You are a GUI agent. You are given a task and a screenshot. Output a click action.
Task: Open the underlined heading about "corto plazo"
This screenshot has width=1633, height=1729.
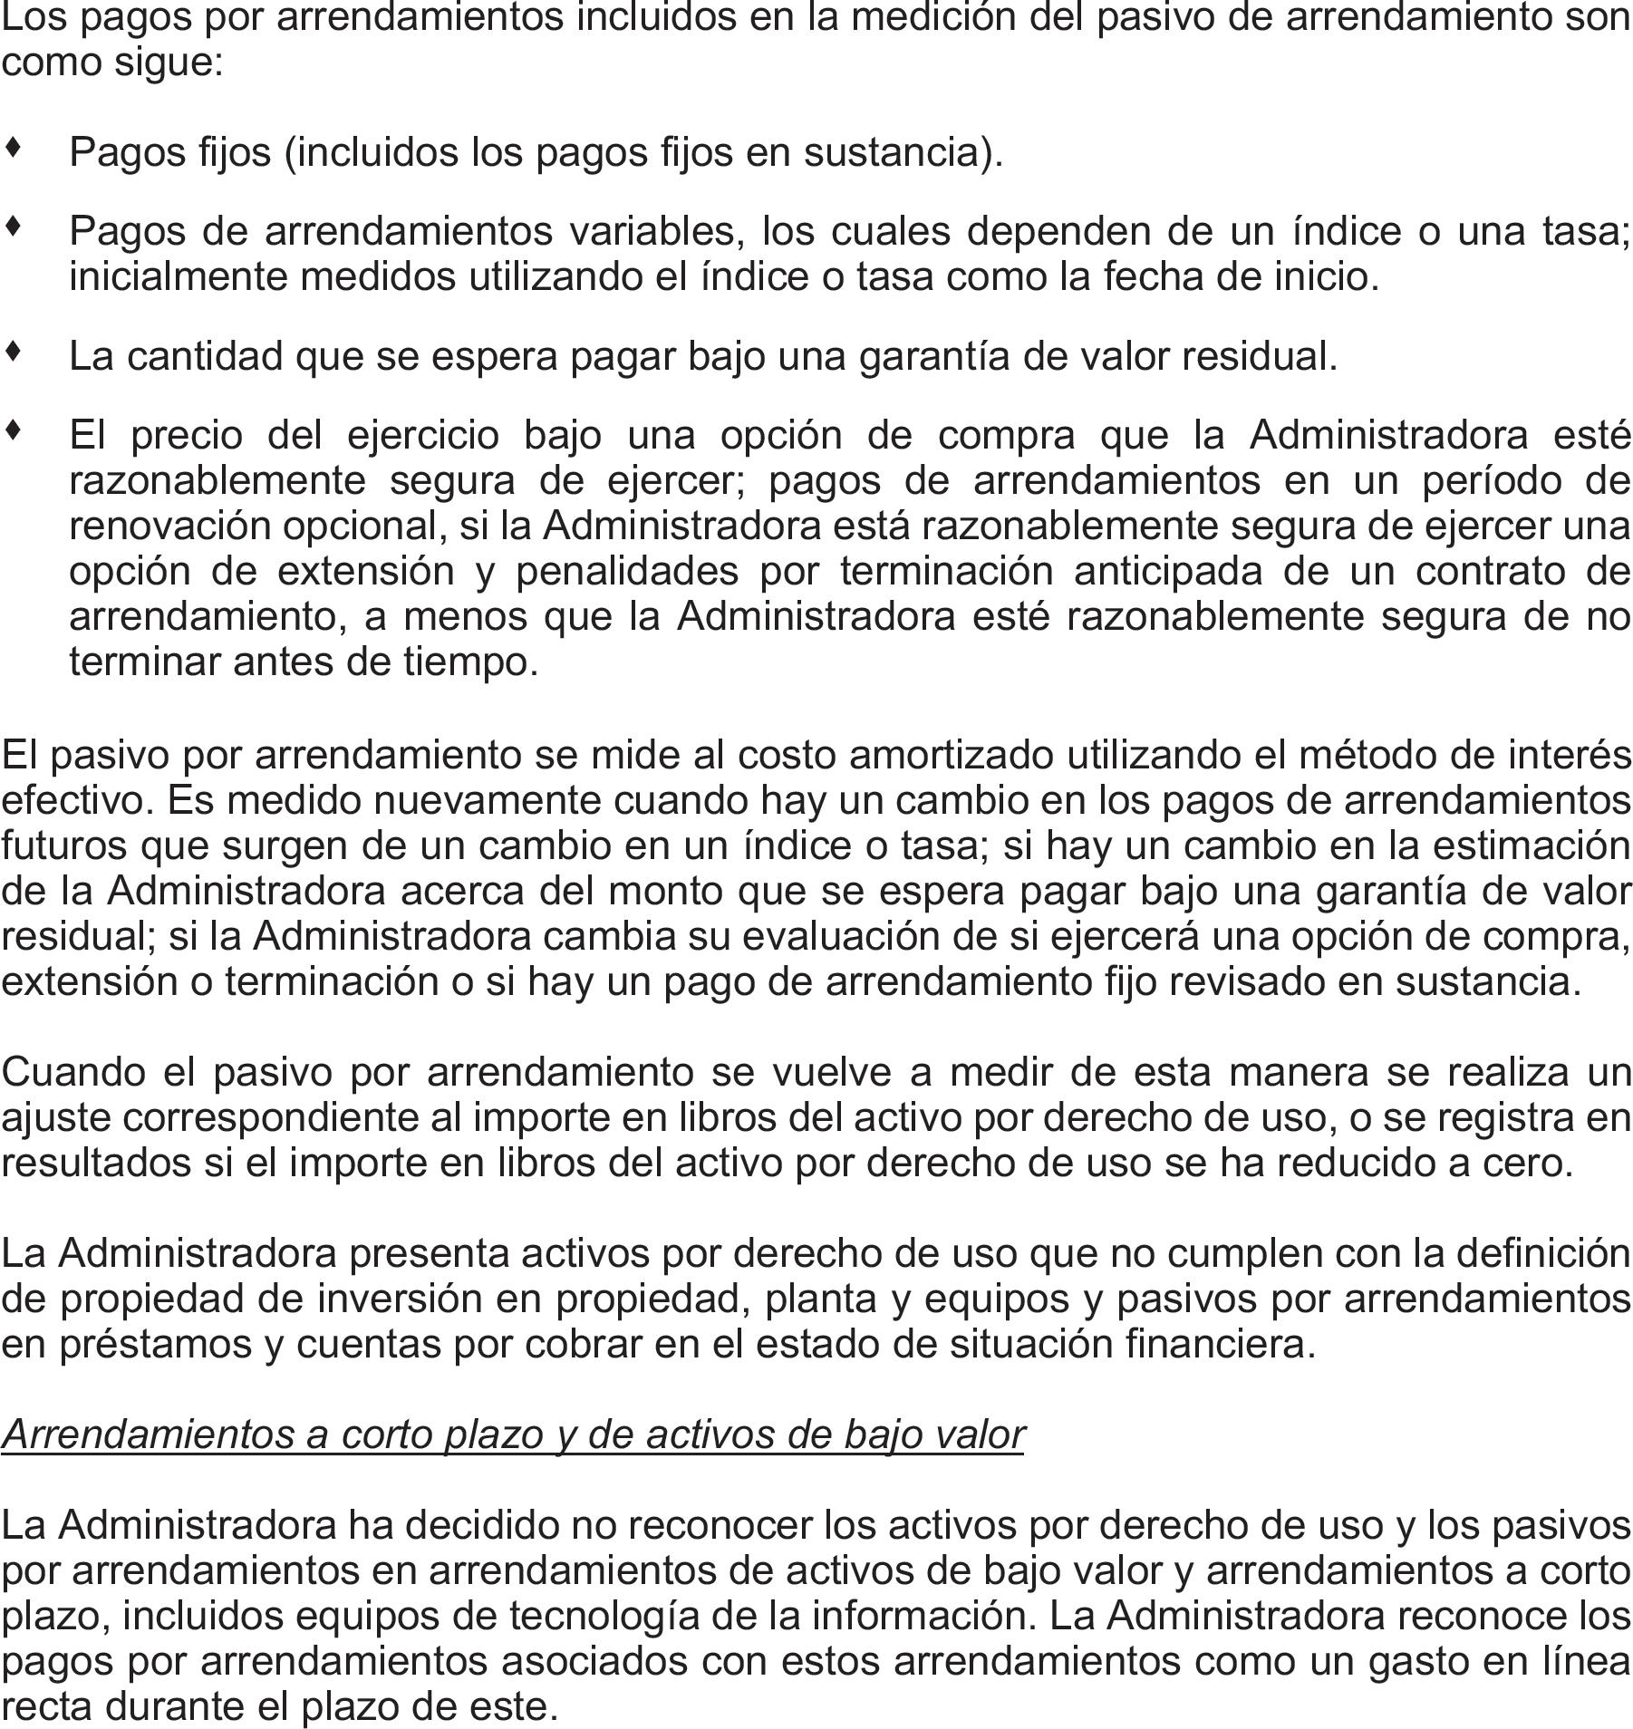coord(512,1434)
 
